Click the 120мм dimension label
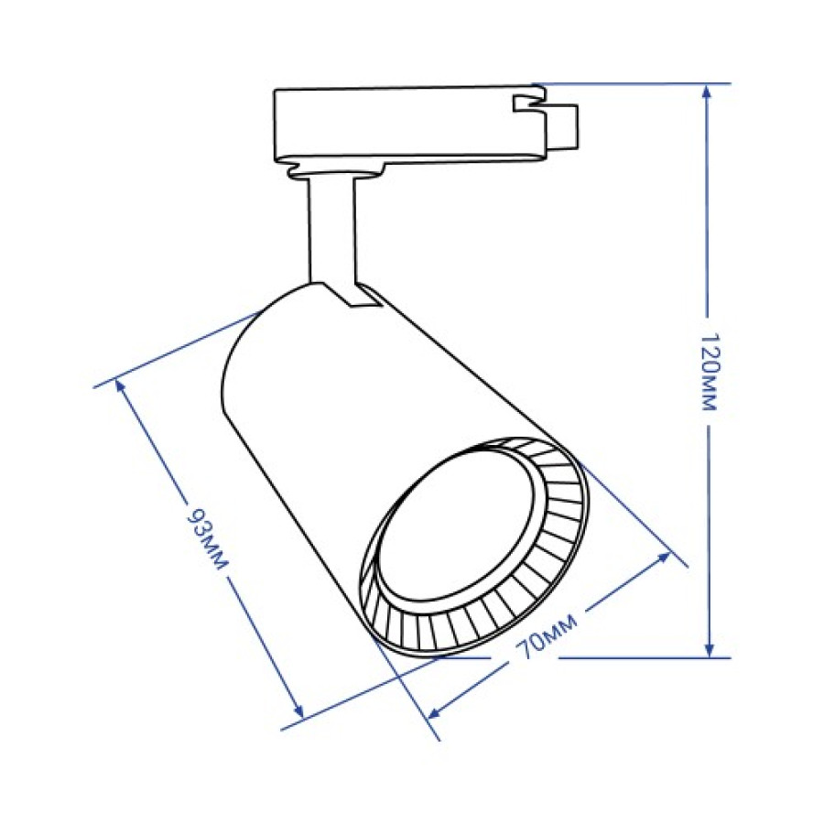pos(710,371)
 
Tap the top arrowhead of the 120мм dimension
pos(709,92)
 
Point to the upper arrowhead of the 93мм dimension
pos(122,387)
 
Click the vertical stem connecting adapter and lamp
pos(331,229)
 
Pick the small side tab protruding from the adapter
pos(562,125)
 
